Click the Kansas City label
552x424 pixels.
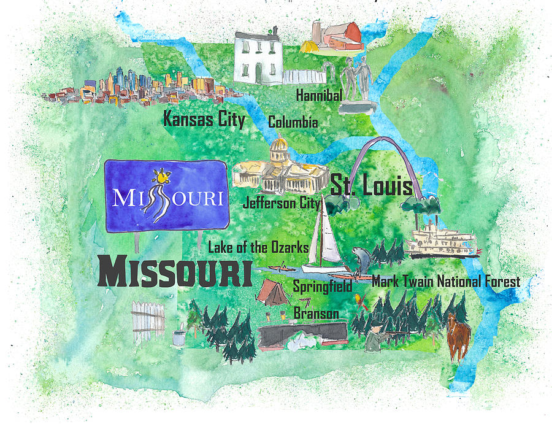pyautogui.click(x=204, y=119)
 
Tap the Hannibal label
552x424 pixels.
pyautogui.click(x=319, y=96)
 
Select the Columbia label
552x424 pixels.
pyautogui.click(x=293, y=123)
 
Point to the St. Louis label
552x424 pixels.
pyautogui.click(x=372, y=185)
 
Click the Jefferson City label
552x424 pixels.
pyautogui.click(x=282, y=202)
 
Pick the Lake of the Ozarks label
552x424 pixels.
pyautogui.click(x=258, y=248)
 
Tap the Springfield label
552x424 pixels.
pyautogui.click(x=322, y=286)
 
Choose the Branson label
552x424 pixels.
pyautogui.click(x=316, y=313)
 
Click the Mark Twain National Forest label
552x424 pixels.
pyautogui.click(x=446, y=282)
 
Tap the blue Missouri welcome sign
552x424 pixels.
pyautogui.click(x=166, y=195)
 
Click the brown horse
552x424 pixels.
pyautogui.click(x=458, y=336)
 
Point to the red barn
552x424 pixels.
pyautogui.click(x=343, y=37)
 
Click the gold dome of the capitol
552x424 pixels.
pyautogui.click(x=278, y=147)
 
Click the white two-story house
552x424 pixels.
pyautogui.click(x=258, y=58)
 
